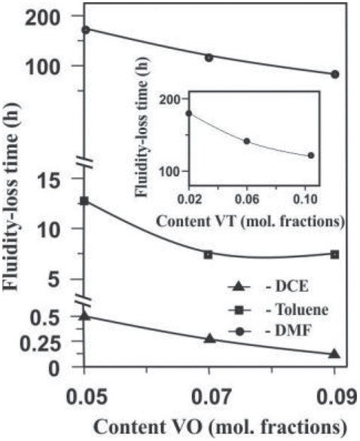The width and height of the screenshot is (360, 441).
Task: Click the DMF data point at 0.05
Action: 85,29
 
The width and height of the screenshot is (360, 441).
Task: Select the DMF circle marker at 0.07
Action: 209,57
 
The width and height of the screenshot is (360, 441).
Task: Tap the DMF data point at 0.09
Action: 334,74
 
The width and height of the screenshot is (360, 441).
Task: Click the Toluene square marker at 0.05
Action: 85,201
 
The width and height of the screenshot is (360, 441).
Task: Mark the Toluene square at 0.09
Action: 334,254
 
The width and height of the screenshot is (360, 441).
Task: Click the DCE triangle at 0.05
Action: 85,316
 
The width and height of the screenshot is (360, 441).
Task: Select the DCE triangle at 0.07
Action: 209,339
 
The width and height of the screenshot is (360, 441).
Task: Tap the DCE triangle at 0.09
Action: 334,354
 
